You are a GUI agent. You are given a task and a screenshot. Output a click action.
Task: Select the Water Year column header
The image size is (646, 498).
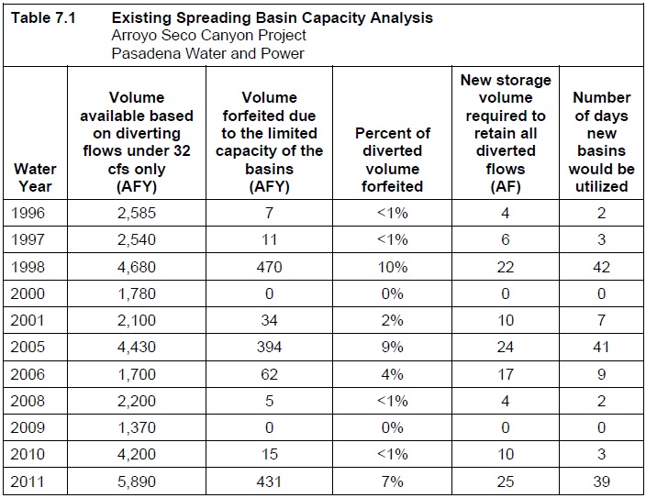(34, 178)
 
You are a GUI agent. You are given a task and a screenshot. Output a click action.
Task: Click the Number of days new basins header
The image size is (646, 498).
(601, 141)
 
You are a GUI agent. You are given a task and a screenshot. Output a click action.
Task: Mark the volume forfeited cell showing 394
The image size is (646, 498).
(269, 348)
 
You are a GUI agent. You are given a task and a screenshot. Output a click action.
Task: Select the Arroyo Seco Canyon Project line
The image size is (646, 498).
(208, 35)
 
